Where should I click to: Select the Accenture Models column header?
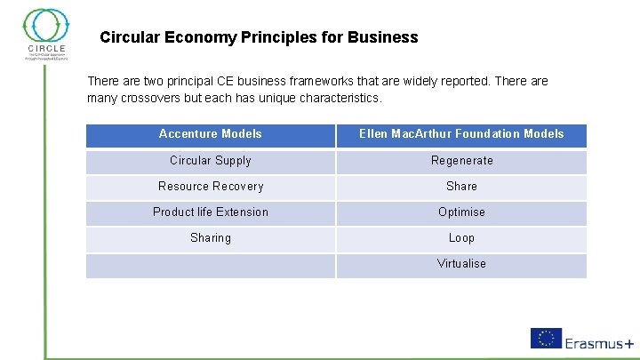point(211,134)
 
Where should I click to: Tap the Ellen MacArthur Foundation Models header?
point(461,134)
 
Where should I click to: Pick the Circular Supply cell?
point(211,161)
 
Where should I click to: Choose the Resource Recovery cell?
point(211,187)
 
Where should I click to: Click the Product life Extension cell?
point(211,212)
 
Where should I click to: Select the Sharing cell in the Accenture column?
point(211,238)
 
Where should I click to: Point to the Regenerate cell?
point(461,161)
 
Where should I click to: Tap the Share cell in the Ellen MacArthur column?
point(461,187)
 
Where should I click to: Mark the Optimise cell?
point(461,212)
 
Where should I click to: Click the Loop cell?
point(461,238)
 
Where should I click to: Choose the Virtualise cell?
point(461,264)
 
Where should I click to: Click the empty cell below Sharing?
point(211,266)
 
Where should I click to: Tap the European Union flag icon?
point(546,338)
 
